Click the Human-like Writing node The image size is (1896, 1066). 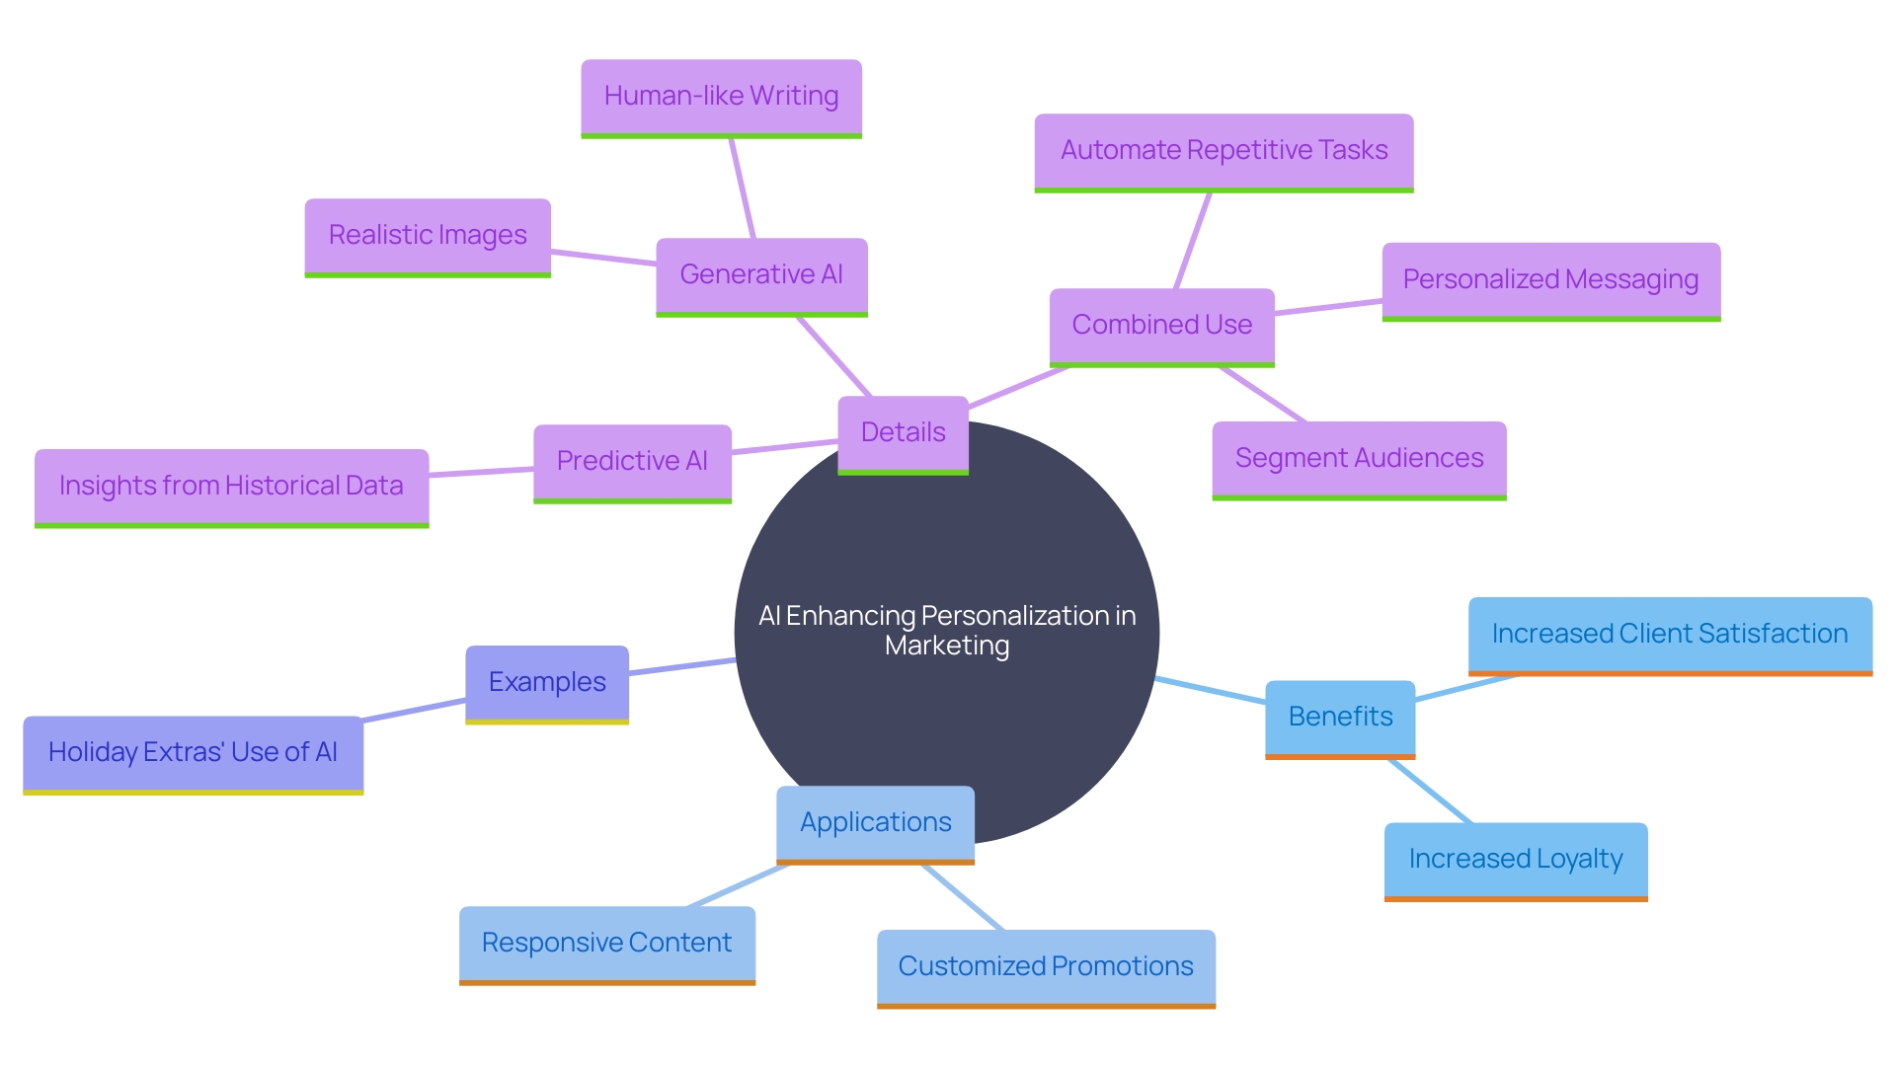[x=721, y=97]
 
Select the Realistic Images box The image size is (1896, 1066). [x=428, y=236]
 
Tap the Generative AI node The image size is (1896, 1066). [x=761, y=275]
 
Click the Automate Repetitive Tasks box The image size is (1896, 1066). [x=1224, y=151]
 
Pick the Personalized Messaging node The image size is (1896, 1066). [x=1550, y=280]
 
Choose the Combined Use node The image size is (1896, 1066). [x=1161, y=326]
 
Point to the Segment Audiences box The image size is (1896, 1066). [x=1359, y=459]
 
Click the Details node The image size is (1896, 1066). [x=903, y=433]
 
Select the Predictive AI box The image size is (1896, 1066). [x=632, y=462]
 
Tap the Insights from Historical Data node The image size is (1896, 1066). [x=231, y=487]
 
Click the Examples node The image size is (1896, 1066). [x=547, y=683]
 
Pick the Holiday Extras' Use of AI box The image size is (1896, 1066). [x=193, y=753]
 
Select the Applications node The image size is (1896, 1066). [x=875, y=823]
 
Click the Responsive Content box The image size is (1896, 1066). [x=606, y=944]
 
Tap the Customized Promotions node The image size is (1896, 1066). [x=1046, y=967]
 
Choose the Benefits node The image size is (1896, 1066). [x=1340, y=718]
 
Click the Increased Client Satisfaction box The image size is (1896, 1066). [x=1670, y=635]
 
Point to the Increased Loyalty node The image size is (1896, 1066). [x=1516, y=860]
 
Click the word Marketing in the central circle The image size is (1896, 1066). [x=947, y=647]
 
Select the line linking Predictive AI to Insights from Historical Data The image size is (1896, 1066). [x=481, y=473]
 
